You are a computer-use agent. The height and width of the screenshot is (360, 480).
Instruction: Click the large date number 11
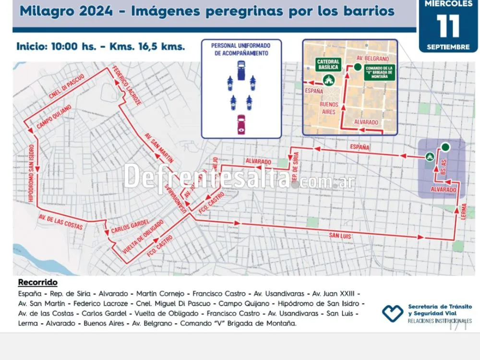pyautogui.click(x=448, y=26)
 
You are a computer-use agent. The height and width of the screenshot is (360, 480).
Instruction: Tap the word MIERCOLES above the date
pyautogui.click(x=448, y=4)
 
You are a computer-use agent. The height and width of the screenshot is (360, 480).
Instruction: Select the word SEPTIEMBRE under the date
pyautogui.click(x=448, y=47)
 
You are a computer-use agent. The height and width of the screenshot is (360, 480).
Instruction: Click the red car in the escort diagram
pyautogui.click(x=241, y=123)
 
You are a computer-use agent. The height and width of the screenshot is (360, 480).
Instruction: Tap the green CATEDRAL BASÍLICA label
pyautogui.click(x=328, y=64)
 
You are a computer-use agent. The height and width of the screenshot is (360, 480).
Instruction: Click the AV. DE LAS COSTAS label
pyautogui.click(x=60, y=221)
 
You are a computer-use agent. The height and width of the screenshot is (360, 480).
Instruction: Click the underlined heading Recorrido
pyautogui.click(x=37, y=282)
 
